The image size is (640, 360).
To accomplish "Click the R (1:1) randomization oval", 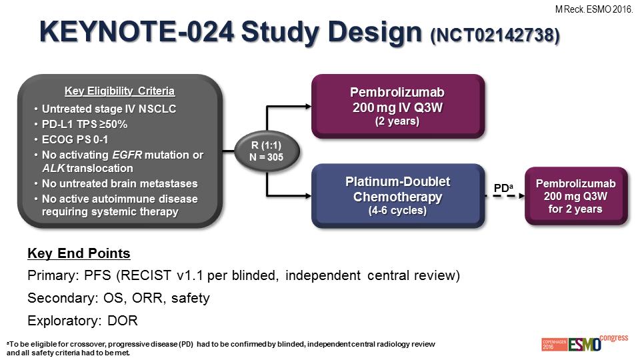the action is click(267, 151).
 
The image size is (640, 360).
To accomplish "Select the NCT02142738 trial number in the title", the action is click(495, 35).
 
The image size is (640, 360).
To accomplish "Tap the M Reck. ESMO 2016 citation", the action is click(594, 9).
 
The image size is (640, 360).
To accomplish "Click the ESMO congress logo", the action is click(585, 343).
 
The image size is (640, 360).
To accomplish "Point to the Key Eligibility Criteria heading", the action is click(119, 91).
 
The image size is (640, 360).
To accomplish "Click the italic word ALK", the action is click(53, 168).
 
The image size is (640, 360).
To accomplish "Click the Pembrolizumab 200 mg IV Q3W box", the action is click(398, 106).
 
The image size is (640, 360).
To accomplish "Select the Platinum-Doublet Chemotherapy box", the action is click(398, 195).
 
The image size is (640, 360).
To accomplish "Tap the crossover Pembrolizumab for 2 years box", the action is click(576, 196).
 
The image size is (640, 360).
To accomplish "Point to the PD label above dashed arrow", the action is click(503, 188).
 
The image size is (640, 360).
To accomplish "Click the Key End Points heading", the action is click(79, 253).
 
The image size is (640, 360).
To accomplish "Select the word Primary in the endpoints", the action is click(53, 275).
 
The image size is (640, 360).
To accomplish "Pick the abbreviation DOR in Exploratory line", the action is click(123, 321).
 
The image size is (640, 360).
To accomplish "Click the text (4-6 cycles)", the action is click(397, 211).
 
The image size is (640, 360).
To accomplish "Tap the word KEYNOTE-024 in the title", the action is click(137, 31).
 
